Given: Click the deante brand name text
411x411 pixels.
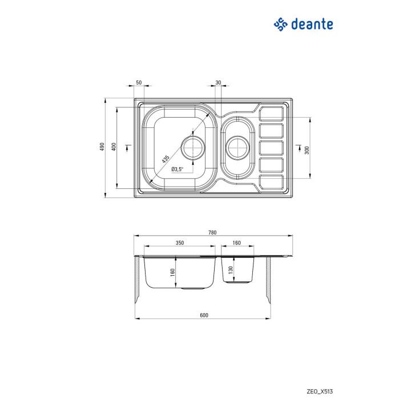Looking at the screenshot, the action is coord(312,24).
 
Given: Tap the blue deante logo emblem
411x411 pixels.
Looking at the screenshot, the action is coord(280,25).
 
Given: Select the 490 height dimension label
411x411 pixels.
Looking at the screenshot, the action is coord(102,147).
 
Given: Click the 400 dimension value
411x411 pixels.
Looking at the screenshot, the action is coord(114,147).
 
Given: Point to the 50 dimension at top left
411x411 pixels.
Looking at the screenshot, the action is coord(139,82).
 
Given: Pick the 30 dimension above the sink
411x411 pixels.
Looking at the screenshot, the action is coord(218,82).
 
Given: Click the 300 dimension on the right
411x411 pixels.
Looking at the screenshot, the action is coord(307,150).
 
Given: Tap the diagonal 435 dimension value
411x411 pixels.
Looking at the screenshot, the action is coord(166,159).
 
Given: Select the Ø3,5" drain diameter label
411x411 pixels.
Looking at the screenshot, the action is coord(177,170).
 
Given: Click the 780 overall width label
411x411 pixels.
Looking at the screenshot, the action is coord(212,232).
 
